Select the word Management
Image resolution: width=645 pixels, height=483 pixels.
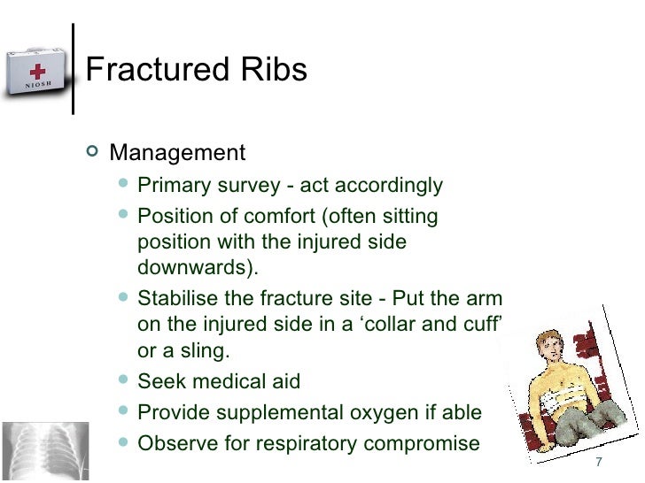coord(176,153)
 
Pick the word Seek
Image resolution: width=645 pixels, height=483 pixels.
coord(159,382)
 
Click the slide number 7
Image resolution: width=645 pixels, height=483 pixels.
coord(599,465)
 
